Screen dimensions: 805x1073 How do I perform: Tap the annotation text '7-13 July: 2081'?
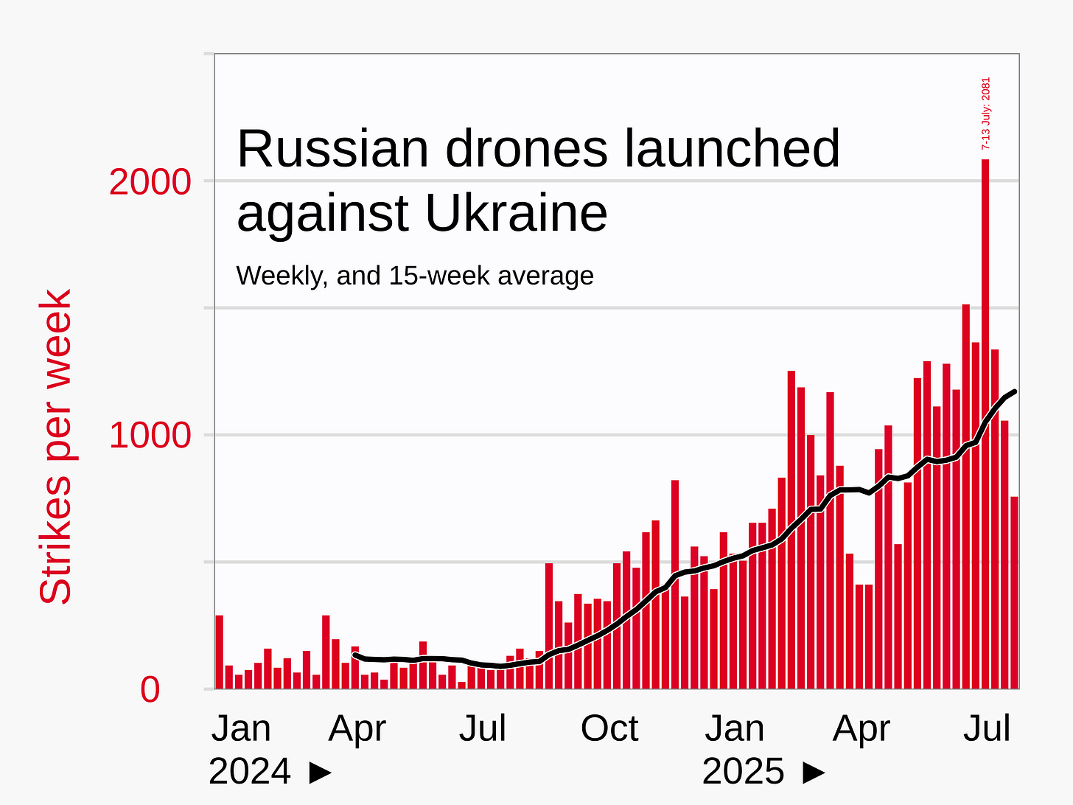pos(986,114)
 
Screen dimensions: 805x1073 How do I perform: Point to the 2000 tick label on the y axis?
pos(150,182)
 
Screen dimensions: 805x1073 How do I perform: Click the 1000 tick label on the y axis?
pos(150,436)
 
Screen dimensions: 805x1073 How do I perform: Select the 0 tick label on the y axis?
pos(150,690)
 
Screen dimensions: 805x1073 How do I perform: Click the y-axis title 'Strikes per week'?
pos(56,446)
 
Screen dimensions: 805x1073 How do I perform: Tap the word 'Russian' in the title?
pos(333,149)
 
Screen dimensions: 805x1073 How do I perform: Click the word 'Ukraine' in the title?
pos(516,214)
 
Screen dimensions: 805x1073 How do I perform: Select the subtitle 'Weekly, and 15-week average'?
pos(415,276)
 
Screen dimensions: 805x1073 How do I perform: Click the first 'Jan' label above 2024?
pos(241,729)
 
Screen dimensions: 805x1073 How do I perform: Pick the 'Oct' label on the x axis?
pos(609,729)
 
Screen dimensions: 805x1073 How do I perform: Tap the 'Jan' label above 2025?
pos(734,729)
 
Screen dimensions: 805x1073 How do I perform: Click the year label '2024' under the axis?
pos(250,772)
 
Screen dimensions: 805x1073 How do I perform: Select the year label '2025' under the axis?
pos(744,772)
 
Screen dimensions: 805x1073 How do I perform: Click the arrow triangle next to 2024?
pos(320,773)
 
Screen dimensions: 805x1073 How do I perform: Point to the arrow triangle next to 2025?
pos(814,773)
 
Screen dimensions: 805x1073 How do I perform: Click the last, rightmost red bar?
pos(1014,593)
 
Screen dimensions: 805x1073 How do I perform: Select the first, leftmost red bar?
pos(219,652)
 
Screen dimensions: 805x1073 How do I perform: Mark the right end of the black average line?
pos(1015,391)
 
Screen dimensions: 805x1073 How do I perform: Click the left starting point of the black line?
pos(355,655)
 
